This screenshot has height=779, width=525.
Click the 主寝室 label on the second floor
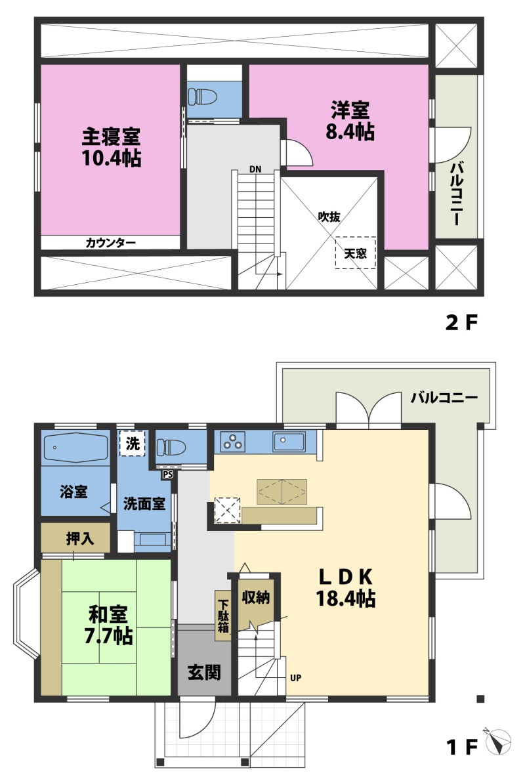pos(112,137)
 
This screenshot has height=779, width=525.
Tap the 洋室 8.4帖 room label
pos(350,121)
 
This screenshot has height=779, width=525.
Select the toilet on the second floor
pos(203,96)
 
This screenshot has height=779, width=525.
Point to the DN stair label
pos(255,169)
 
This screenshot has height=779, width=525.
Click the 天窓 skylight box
pos(355,253)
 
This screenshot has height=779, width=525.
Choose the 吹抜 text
pos(329,217)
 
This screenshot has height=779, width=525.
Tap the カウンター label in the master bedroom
pos(111,243)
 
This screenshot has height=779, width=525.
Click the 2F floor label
pos(461,324)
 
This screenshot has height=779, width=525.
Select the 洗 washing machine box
pos(133,443)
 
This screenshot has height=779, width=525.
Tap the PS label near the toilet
pos(167,474)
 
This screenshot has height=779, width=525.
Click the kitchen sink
pos(289,442)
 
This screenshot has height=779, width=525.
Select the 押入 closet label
pos(80,539)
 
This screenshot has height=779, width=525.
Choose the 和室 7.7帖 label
pos(108,625)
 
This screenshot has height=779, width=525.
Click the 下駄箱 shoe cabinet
pos(224,616)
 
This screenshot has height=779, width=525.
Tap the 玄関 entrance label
pos(203,673)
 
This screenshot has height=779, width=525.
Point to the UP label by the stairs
pos(295,678)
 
